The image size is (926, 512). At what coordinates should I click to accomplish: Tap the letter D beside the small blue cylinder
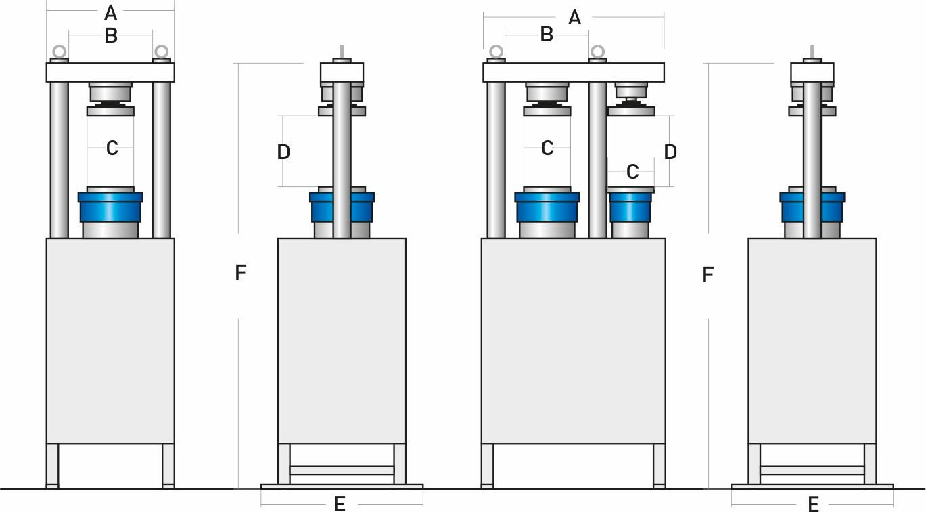[x=670, y=152]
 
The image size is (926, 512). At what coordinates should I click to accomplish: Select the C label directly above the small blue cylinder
[x=632, y=172]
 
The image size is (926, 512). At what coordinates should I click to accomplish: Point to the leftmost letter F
[x=240, y=273]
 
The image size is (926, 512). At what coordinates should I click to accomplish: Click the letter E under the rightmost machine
[x=814, y=504]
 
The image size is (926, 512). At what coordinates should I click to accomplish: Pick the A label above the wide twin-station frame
[x=574, y=17]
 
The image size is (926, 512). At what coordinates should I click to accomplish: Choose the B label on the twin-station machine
[x=547, y=35]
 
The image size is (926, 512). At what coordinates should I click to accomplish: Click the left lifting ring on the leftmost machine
[x=60, y=51]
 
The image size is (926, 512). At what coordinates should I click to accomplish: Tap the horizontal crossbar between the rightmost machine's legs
[x=812, y=470]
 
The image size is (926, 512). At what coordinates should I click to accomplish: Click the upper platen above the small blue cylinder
[x=630, y=111]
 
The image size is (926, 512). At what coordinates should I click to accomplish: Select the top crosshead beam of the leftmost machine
[x=110, y=72]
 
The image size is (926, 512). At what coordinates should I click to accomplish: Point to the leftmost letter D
[x=283, y=152]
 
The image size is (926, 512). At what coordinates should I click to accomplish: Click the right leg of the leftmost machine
[x=168, y=465]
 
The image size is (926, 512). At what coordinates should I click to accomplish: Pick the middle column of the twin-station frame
[x=597, y=159]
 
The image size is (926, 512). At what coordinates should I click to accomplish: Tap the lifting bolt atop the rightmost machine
[x=812, y=51]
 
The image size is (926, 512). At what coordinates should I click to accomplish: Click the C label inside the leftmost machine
[x=112, y=148]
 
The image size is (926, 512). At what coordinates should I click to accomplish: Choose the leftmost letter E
[x=340, y=504]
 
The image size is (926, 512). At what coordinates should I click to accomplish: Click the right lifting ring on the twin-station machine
[x=597, y=51]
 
